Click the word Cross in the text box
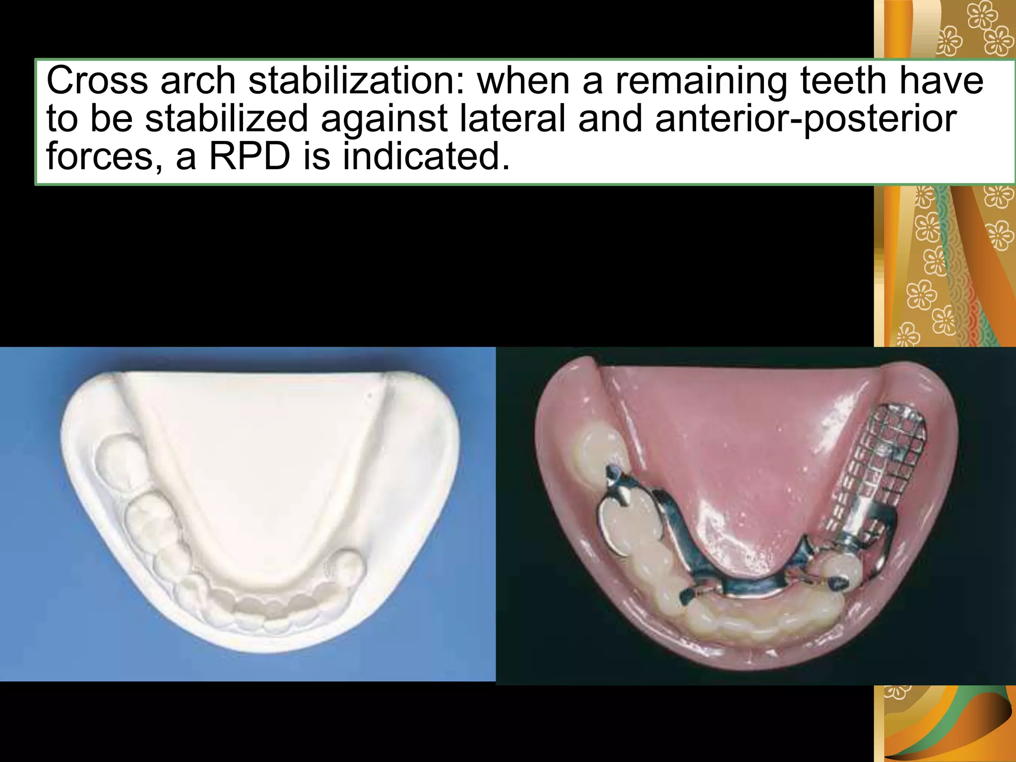(x=97, y=81)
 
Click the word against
(x=384, y=119)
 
